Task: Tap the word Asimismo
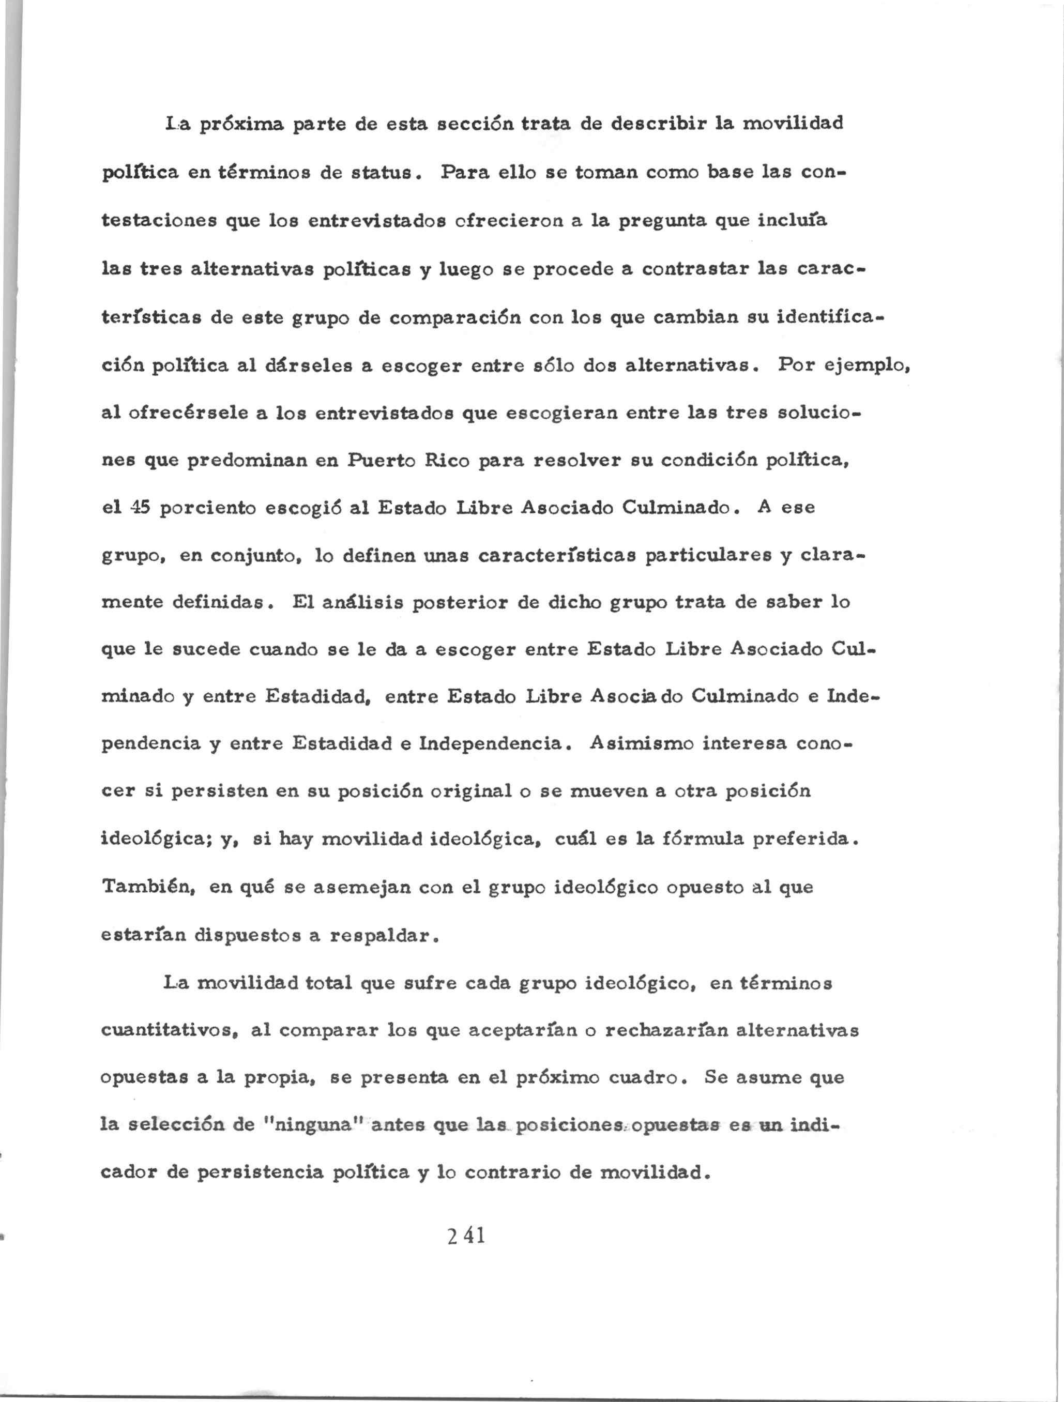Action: (642, 743)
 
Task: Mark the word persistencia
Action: (260, 1173)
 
